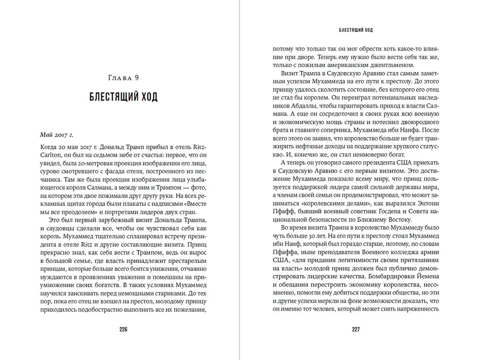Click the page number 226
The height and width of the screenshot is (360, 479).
pyautogui.click(x=123, y=329)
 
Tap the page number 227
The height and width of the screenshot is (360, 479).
pyautogui.click(x=356, y=329)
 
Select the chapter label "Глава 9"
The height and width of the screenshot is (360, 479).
pyautogui.click(x=123, y=78)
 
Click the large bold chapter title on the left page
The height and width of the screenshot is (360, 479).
pyautogui.click(x=123, y=97)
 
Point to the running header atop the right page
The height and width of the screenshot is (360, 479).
pyautogui.click(x=356, y=30)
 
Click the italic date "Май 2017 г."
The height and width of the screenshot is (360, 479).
pyautogui.click(x=57, y=135)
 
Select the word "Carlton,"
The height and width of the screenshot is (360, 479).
pyautogui.click(x=51, y=155)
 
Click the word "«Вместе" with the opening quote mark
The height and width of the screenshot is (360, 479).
pyautogui.click(x=195, y=204)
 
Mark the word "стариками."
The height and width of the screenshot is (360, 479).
pyautogui.click(x=169, y=293)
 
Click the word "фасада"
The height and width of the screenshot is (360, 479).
pyautogui.click(x=117, y=172)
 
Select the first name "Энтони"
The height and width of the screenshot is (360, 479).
pyautogui.click(x=428, y=203)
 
